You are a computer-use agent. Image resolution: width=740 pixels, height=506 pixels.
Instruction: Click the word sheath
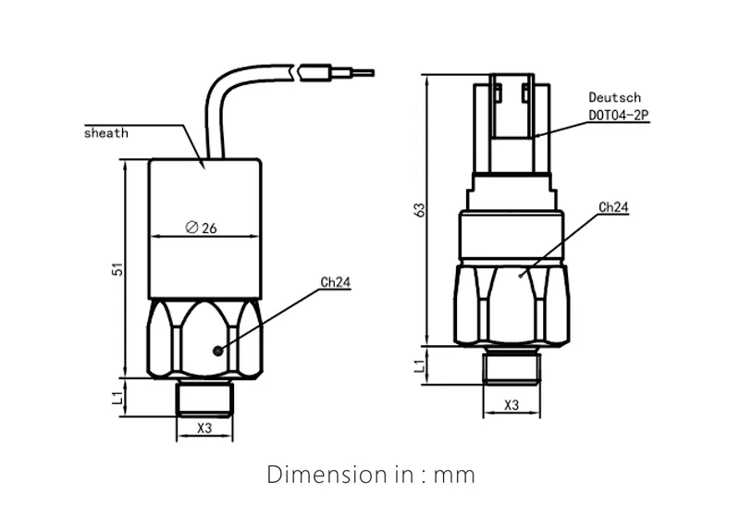pyautogui.click(x=105, y=132)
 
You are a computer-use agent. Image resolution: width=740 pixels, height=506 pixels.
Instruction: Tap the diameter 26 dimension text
pyautogui.click(x=201, y=228)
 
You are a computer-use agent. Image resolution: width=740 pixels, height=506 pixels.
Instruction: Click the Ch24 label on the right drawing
pyautogui.click(x=613, y=208)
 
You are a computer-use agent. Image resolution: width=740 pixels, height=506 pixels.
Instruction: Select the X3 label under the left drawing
pyautogui.click(x=205, y=428)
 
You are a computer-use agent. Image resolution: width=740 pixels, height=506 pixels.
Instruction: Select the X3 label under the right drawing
pyautogui.click(x=511, y=405)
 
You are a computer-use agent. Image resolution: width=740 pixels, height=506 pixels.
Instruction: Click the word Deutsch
pyautogui.click(x=614, y=97)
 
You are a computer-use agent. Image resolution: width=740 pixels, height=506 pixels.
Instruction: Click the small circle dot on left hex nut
pyautogui.click(x=216, y=350)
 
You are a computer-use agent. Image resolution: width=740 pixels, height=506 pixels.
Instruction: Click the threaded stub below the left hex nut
pyautogui.click(x=205, y=396)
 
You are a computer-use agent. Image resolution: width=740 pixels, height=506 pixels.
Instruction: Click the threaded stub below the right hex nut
pyautogui.click(x=511, y=367)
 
